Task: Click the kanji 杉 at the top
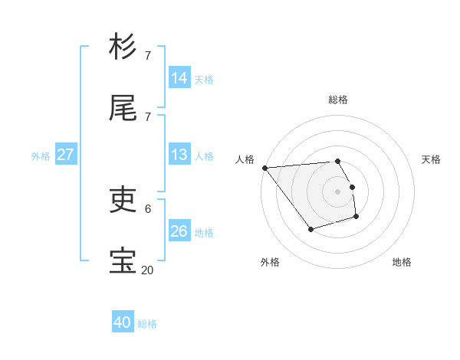pyautogui.click(x=123, y=47)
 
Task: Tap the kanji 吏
pyautogui.click(x=123, y=201)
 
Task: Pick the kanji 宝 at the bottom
pyautogui.click(x=123, y=260)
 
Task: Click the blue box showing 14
pyautogui.click(x=179, y=78)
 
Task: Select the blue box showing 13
pyautogui.click(x=179, y=155)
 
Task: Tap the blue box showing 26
pyautogui.click(x=179, y=231)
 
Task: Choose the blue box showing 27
pyautogui.click(x=66, y=155)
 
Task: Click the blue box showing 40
pyautogui.click(x=123, y=322)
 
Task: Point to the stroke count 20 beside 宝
pyautogui.click(x=147, y=270)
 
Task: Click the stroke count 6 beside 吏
pyautogui.click(x=147, y=208)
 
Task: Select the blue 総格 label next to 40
pyautogui.click(x=147, y=324)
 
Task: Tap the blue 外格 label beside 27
pyautogui.click(x=41, y=156)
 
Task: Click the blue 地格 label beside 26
pyautogui.click(x=204, y=233)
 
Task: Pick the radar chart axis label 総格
pyautogui.click(x=338, y=100)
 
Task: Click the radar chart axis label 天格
pyautogui.click(x=431, y=159)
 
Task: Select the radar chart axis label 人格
pyautogui.click(x=245, y=159)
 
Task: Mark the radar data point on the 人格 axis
pyautogui.click(x=264, y=168)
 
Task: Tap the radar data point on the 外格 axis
pyautogui.click(x=310, y=229)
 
